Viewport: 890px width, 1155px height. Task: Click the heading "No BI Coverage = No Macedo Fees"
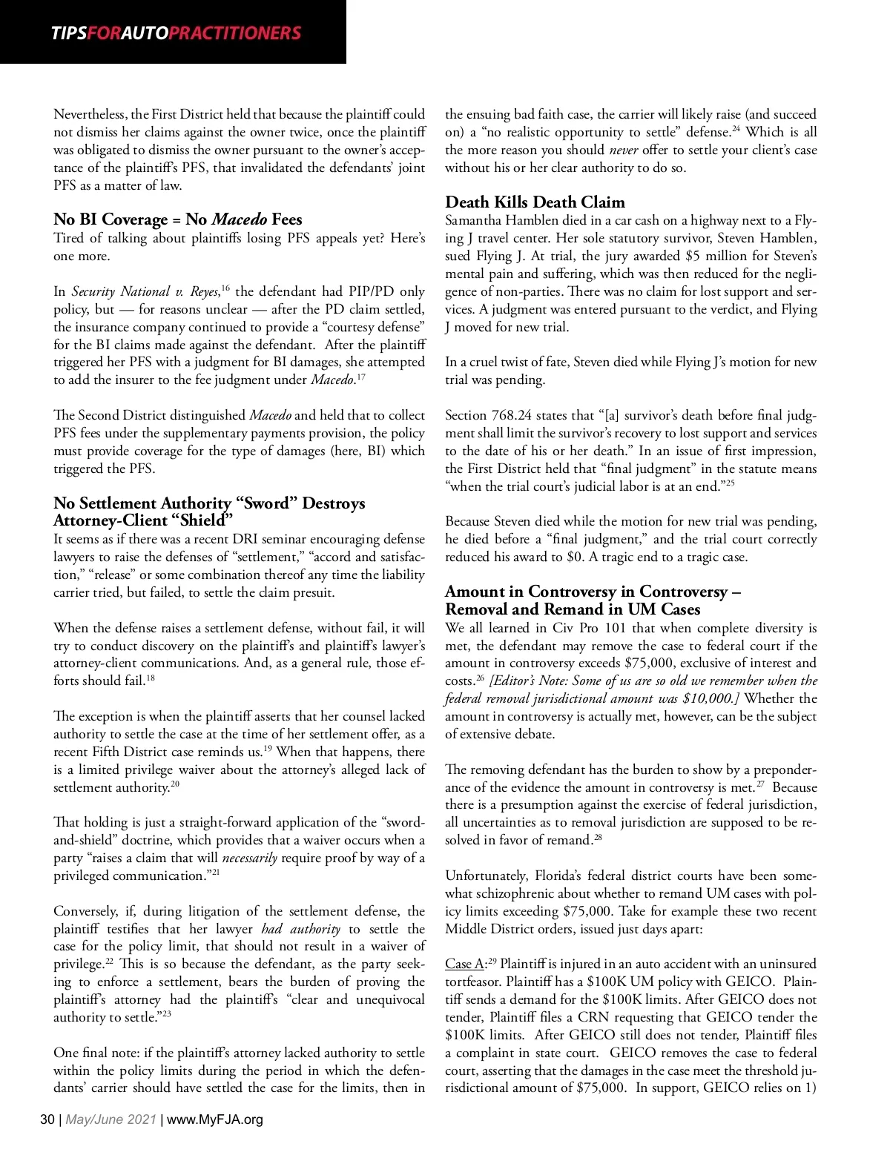(177, 219)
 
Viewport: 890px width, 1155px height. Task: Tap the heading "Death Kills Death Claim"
(535, 202)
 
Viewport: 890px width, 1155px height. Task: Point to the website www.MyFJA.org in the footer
(215, 1119)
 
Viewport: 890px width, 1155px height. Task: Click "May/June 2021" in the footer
(111, 1119)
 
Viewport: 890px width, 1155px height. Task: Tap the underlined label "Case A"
(464, 964)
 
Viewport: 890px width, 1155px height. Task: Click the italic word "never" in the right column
(624, 150)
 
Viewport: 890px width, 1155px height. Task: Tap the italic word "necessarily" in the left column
(249, 858)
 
